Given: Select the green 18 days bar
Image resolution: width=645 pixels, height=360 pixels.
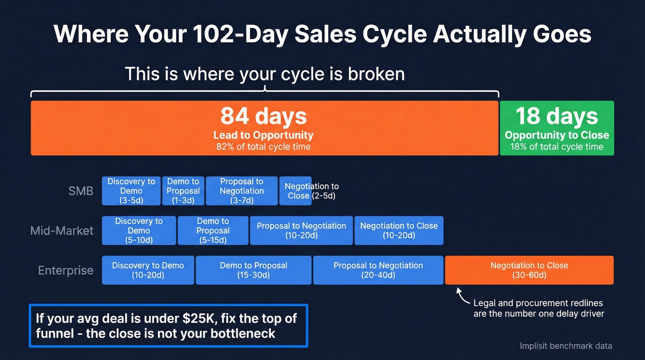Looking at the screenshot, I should (x=557, y=128).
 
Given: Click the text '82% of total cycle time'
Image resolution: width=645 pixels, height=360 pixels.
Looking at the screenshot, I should (x=264, y=147).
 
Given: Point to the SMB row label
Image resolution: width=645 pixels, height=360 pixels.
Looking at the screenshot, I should (x=81, y=191).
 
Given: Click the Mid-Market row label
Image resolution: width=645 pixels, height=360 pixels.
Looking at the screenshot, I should (x=62, y=230).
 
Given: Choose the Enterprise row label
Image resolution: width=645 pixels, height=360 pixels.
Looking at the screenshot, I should (x=65, y=270).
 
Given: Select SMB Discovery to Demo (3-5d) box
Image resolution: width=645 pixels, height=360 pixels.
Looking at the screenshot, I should (x=131, y=191).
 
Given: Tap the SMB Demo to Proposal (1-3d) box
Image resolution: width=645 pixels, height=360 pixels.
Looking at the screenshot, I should (x=183, y=191).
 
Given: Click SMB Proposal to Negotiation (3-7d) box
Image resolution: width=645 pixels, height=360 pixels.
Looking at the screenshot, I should (x=241, y=191).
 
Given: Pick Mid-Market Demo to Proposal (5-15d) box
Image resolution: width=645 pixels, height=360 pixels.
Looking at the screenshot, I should (x=212, y=230).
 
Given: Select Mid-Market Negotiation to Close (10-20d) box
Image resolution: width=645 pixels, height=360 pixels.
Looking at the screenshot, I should (x=399, y=230).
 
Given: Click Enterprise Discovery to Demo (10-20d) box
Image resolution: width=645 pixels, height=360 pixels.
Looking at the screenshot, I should (x=148, y=270).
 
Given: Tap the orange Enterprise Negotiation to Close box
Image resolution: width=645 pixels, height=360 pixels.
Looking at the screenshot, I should (x=529, y=270).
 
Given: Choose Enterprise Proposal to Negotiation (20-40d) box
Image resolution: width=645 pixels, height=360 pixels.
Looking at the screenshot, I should (x=378, y=270).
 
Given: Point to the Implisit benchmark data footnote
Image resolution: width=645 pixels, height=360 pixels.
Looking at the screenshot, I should (x=566, y=346).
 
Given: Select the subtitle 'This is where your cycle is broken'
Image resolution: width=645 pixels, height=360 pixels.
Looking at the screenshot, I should (x=264, y=74).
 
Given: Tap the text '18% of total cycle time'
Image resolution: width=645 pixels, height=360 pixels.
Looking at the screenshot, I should (x=557, y=147).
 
